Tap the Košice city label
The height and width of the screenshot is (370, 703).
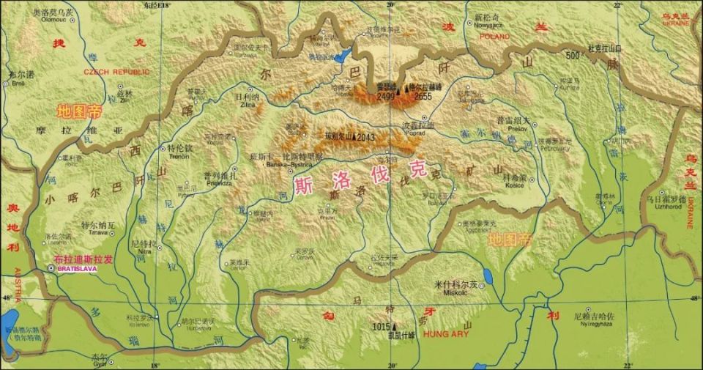point(515,186)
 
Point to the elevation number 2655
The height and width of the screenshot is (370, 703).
point(423,96)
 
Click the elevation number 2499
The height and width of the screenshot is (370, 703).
point(386,96)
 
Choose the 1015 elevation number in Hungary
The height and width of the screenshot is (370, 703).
point(381,326)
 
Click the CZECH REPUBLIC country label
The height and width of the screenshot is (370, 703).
point(116,72)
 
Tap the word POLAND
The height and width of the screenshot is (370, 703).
point(495,35)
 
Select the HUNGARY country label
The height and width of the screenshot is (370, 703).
point(445,334)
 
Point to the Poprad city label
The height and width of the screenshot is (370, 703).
point(417,134)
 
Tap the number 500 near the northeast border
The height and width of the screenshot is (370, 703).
point(572,56)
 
